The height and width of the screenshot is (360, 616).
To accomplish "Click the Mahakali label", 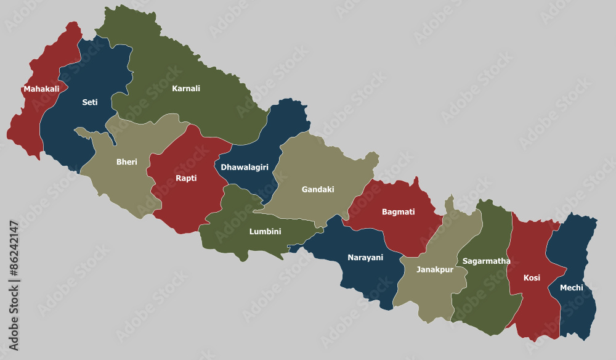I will (x=41, y=89).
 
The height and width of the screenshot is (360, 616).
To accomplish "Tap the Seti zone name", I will (x=90, y=102).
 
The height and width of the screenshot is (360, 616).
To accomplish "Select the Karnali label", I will (x=186, y=88).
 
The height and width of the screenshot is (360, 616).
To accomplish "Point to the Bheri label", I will (x=127, y=162).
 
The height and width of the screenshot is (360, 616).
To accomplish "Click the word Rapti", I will (x=186, y=178).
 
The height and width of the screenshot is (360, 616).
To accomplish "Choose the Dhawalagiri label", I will (x=245, y=167).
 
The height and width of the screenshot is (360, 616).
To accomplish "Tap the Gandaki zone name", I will (x=318, y=189).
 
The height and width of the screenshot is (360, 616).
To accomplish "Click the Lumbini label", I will (x=265, y=232).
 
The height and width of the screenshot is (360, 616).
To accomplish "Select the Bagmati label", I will (x=398, y=211).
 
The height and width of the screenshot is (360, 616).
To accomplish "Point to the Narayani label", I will (x=365, y=257).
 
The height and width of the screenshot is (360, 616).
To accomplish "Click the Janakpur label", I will (x=435, y=269).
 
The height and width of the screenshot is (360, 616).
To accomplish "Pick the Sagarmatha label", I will (x=487, y=261).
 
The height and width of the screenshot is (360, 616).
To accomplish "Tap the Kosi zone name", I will (x=532, y=277).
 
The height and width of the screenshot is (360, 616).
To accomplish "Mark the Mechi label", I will (x=571, y=287).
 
